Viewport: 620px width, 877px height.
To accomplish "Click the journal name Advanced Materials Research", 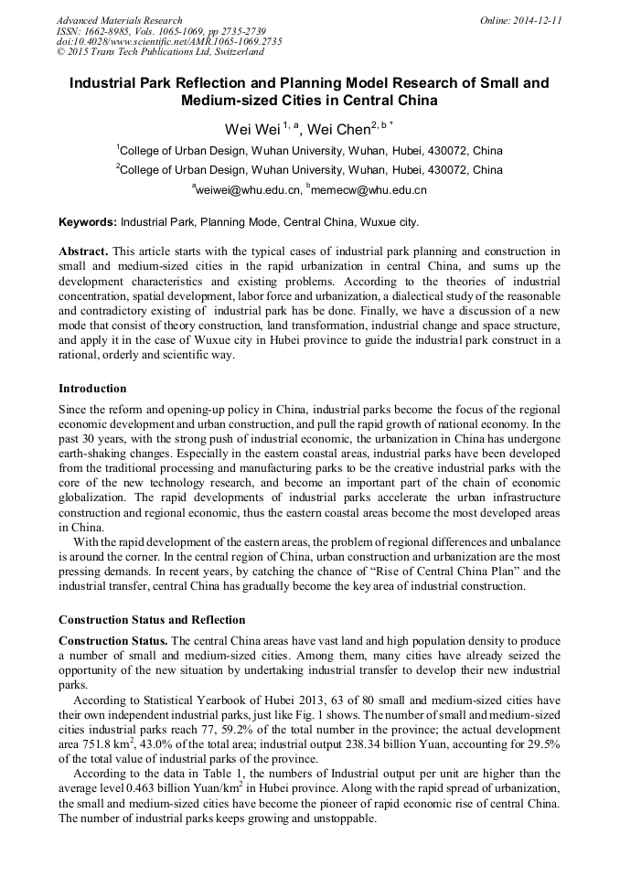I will [x=119, y=20].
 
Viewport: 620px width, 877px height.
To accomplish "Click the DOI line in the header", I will [x=169, y=42].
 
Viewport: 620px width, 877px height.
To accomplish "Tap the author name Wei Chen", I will [x=337, y=129].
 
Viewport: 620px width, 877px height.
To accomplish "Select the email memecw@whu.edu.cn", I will [x=369, y=190].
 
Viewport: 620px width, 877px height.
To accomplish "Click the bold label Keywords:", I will [x=88, y=222].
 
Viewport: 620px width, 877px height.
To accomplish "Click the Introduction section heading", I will [x=92, y=389].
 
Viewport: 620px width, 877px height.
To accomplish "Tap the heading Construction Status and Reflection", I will [x=152, y=619].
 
